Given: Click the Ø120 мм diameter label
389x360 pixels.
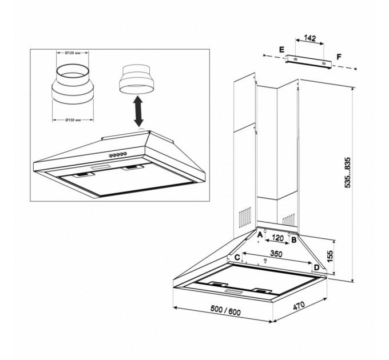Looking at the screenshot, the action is click(x=73, y=53).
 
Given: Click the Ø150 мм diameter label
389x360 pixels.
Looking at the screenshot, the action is click(x=73, y=120).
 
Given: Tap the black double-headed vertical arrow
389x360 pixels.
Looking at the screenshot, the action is click(x=138, y=111).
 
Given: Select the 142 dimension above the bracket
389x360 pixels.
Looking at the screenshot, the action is click(x=310, y=38).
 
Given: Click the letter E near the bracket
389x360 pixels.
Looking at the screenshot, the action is click(x=281, y=50).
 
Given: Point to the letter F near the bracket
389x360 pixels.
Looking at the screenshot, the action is click(x=339, y=57).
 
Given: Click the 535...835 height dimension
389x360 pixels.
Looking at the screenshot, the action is click(x=348, y=173).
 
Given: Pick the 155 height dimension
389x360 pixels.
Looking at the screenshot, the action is click(x=330, y=257).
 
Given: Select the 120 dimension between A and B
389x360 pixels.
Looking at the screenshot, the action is click(x=277, y=238).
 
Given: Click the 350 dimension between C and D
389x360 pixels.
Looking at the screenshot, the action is click(x=276, y=254).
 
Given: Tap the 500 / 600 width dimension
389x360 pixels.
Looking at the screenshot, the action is click(x=225, y=310).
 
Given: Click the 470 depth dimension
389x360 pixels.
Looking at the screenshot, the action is click(x=299, y=306).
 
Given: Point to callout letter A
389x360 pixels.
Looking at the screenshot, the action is click(x=260, y=235).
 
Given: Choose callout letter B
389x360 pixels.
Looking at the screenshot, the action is click(x=294, y=240).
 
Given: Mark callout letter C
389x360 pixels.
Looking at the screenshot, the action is click(x=237, y=257).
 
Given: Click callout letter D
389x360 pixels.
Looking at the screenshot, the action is click(x=316, y=267).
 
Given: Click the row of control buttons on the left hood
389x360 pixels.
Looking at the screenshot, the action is click(x=118, y=155).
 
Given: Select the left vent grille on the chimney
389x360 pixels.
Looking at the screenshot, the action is click(x=245, y=217).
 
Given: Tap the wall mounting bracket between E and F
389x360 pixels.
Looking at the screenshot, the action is click(x=308, y=61).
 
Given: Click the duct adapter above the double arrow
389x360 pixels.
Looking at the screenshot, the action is click(x=137, y=79).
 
